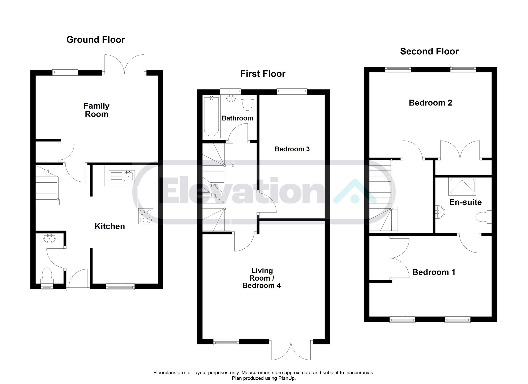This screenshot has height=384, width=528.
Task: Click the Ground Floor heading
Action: coord(96,39)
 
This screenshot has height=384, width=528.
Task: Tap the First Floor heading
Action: coord(263,74)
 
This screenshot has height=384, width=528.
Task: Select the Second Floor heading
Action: coord(429,51)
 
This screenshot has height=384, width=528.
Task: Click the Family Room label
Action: coord(96,110)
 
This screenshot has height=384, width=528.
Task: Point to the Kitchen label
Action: coord(110,226)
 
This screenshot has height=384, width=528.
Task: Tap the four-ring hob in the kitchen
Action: coord(146,216)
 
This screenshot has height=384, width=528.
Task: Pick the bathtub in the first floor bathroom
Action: coord(211,116)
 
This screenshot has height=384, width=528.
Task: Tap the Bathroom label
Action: coord(237,118)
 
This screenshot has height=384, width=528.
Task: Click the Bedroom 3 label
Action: coord(292,149)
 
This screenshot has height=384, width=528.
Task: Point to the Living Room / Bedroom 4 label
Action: coord(262,278)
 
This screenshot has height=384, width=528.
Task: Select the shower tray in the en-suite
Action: coord(462,186)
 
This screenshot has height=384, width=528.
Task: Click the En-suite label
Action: coord(465,202)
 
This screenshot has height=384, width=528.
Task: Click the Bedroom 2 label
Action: coord(430,103)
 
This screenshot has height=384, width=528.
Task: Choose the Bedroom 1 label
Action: coord(434,272)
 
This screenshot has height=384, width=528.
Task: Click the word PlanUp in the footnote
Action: coord(286,378)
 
